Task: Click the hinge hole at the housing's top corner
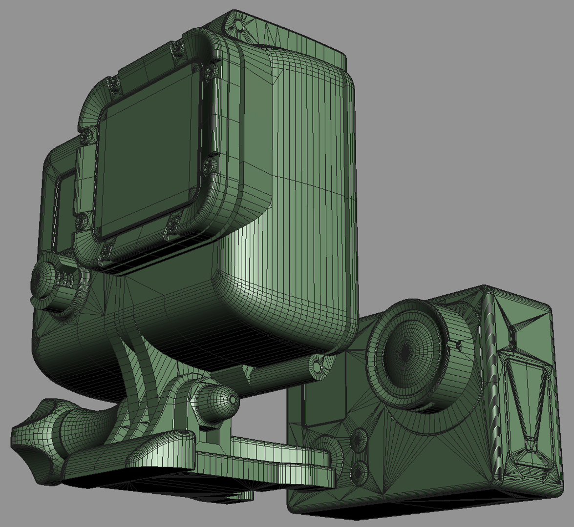[238, 23]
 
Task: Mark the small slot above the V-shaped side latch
[512, 337]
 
